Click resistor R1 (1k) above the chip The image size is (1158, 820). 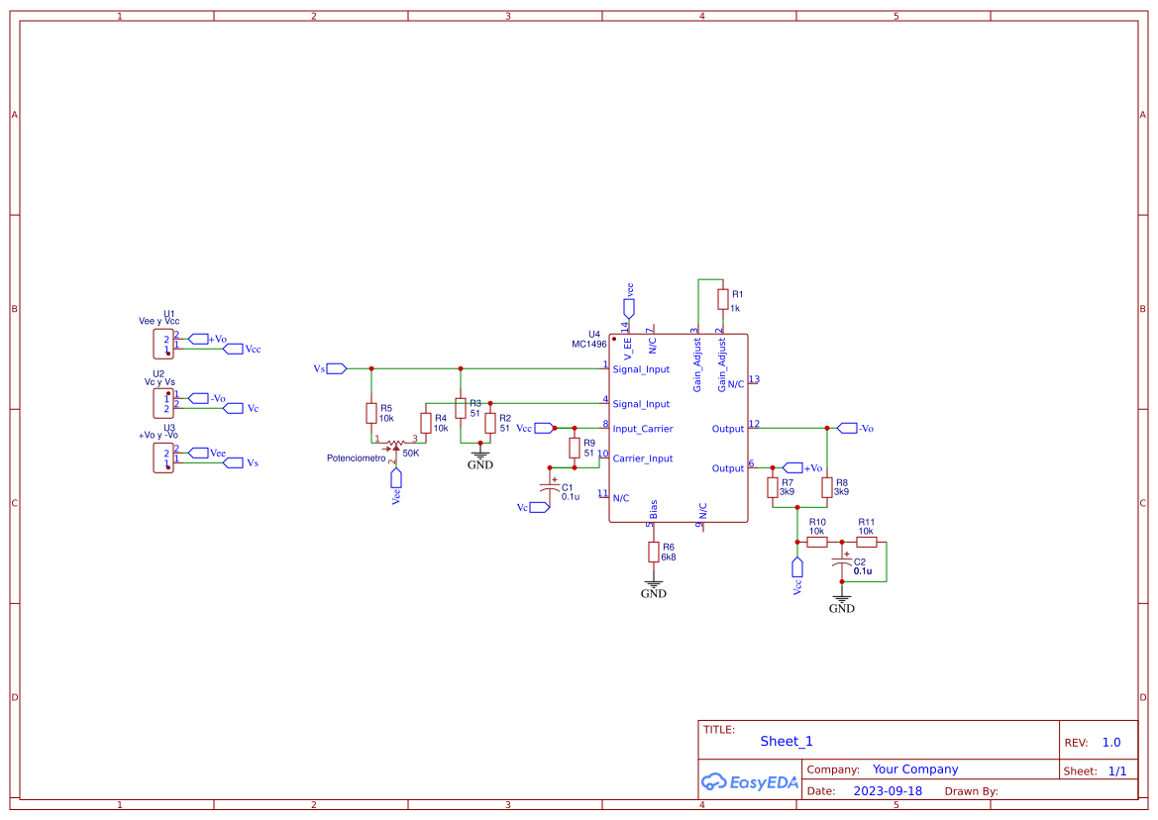(x=723, y=298)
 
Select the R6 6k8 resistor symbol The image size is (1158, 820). (x=654, y=552)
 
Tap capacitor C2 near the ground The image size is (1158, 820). (x=842, y=565)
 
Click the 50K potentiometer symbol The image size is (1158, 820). (x=395, y=445)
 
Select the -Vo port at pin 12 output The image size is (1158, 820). (x=847, y=428)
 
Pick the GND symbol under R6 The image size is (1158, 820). (x=654, y=588)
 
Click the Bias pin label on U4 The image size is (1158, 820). (x=654, y=510)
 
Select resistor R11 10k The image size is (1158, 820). (x=867, y=543)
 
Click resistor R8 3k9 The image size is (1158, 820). (x=827, y=487)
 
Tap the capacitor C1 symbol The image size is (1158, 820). (x=547, y=488)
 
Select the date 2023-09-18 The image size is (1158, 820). (x=888, y=791)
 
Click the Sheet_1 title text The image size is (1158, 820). (x=787, y=741)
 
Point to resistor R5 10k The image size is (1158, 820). (x=371, y=413)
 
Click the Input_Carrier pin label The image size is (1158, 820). (x=642, y=429)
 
